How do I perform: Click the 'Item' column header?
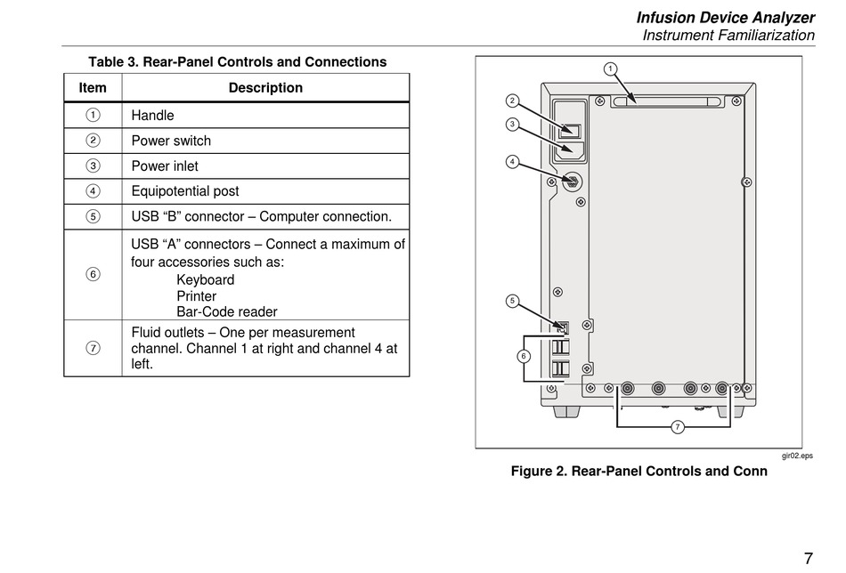(x=93, y=88)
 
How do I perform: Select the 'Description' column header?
(x=265, y=88)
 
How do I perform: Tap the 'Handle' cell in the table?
(x=152, y=116)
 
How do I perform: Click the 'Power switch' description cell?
(x=171, y=141)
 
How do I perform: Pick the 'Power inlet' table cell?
(x=165, y=166)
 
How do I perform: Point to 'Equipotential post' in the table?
(x=185, y=191)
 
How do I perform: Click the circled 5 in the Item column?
(x=93, y=216)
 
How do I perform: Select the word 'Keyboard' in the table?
(x=205, y=280)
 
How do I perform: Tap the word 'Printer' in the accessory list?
(x=196, y=296)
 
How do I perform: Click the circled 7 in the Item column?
(x=93, y=348)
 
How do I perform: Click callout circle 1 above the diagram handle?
(x=610, y=69)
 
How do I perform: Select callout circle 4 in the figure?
(x=512, y=162)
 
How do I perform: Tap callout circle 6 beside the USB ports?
(x=523, y=357)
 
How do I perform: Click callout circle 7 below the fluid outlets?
(x=677, y=428)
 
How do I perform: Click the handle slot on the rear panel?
(x=666, y=102)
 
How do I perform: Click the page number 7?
(x=808, y=559)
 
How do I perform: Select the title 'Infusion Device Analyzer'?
(x=725, y=18)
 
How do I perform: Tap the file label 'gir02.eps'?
(x=797, y=456)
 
